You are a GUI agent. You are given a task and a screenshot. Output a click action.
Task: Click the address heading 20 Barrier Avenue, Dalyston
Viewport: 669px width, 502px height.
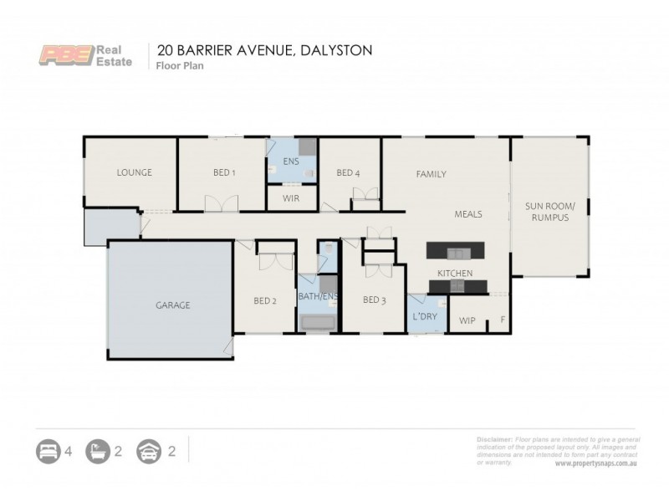tap(259, 49)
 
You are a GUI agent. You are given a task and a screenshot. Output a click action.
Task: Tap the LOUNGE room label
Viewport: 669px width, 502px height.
tap(134, 173)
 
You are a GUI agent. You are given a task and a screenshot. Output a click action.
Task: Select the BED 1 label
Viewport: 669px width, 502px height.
tap(224, 173)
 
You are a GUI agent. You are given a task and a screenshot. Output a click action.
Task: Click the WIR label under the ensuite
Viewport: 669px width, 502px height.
tap(291, 198)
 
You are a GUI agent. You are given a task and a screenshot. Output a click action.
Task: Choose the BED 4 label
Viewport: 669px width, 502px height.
tap(348, 173)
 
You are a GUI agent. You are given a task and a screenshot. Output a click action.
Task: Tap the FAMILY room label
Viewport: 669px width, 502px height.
tap(432, 174)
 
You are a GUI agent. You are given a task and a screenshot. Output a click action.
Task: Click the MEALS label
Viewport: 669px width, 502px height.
tap(468, 214)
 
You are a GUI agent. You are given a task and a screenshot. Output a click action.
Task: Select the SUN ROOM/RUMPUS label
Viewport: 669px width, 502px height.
tap(548, 211)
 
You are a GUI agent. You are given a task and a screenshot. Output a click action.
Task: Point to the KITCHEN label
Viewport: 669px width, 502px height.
tap(456, 274)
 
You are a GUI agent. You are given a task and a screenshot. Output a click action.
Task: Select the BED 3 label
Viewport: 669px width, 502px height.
tap(374, 300)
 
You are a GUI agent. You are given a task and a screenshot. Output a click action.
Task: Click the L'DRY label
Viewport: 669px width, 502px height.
tap(426, 317)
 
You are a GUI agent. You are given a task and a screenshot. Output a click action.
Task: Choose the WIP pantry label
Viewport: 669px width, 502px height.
tap(466, 319)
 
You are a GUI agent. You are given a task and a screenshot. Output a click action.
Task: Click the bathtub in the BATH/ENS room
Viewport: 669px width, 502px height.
tap(319, 323)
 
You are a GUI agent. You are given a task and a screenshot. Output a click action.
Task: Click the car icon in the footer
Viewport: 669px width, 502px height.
tap(147, 452)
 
